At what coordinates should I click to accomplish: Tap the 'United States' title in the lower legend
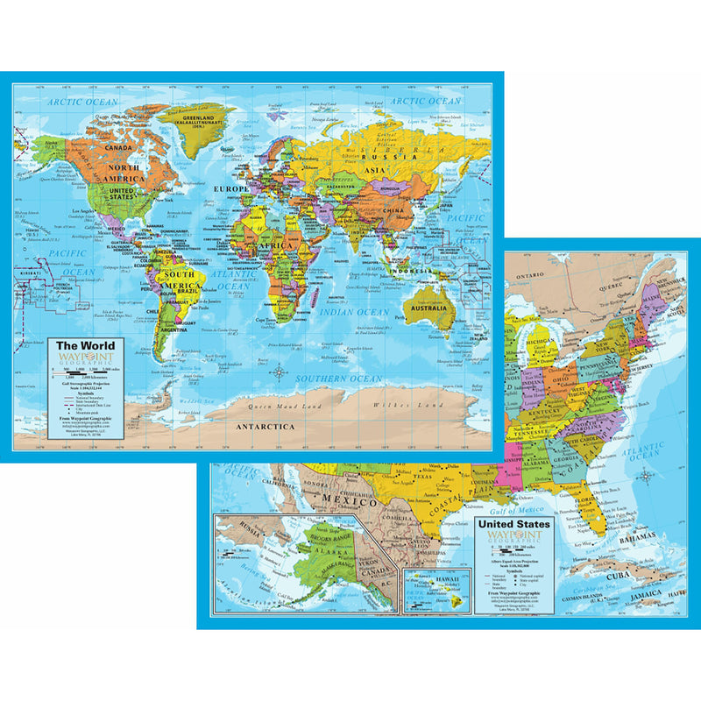coord(513,525)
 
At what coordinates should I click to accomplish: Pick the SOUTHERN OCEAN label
coord(339,379)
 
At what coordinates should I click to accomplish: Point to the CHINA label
coord(392,211)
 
